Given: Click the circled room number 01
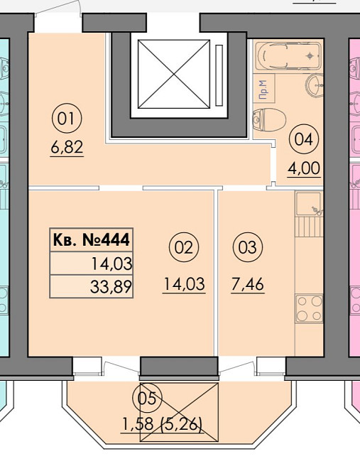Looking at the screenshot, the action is (x=67, y=119).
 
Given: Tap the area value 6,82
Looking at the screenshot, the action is (x=67, y=148).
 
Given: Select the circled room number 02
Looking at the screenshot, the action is (x=183, y=247).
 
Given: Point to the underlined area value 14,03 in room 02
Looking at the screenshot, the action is (x=184, y=284).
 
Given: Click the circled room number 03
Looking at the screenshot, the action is (x=248, y=247).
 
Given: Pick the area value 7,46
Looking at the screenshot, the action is (x=248, y=284).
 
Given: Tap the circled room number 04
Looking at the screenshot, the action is (x=303, y=140).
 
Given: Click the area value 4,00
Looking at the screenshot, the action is (x=304, y=168).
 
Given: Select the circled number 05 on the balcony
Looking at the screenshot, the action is (x=147, y=399).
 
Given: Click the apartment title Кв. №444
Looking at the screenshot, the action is (x=92, y=240).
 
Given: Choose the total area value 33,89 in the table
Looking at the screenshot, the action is (x=111, y=286).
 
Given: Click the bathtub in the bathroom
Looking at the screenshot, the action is (x=288, y=56).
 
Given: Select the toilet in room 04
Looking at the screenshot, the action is (x=269, y=119).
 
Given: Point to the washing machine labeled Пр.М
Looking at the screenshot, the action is (x=264, y=89).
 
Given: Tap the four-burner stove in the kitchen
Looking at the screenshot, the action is (x=310, y=308).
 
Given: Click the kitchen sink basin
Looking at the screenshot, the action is (x=309, y=203).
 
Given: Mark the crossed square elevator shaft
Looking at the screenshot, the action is (x=174, y=74).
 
